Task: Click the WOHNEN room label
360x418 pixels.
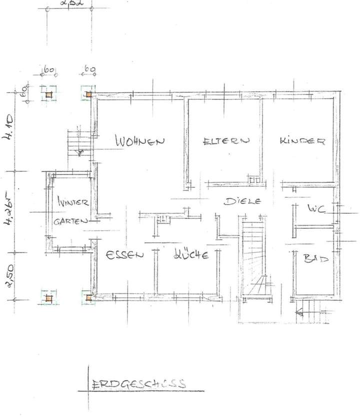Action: pos(139,141)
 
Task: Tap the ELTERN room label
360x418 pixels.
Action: pos(225,141)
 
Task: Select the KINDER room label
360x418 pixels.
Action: pos(302,141)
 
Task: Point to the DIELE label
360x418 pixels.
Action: pos(243,202)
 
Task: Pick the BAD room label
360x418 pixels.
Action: pos(316,259)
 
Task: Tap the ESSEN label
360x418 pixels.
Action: pos(124,254)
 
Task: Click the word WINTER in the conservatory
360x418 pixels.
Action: pos(73,203)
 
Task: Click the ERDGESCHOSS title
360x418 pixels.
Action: pos(138,384)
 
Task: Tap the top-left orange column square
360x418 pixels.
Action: pos(48,94)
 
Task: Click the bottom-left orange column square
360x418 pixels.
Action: pos(48,298)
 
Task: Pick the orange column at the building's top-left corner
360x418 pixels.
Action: pos(88,94)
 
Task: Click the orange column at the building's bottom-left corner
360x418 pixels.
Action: pos(88,298)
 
